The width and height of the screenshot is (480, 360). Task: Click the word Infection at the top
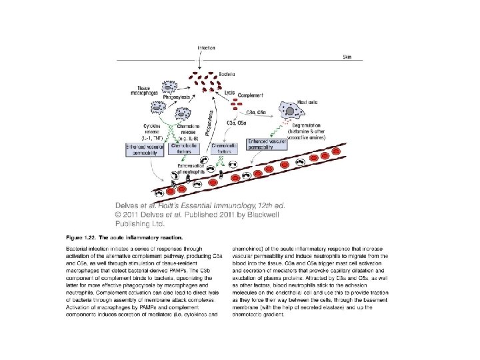pyautogui.click(x=206, y=48)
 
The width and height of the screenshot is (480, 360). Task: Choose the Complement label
pyautogui.click(x=250, y=96)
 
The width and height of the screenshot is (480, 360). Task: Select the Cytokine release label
pyautogui.click(x=152, y=127)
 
